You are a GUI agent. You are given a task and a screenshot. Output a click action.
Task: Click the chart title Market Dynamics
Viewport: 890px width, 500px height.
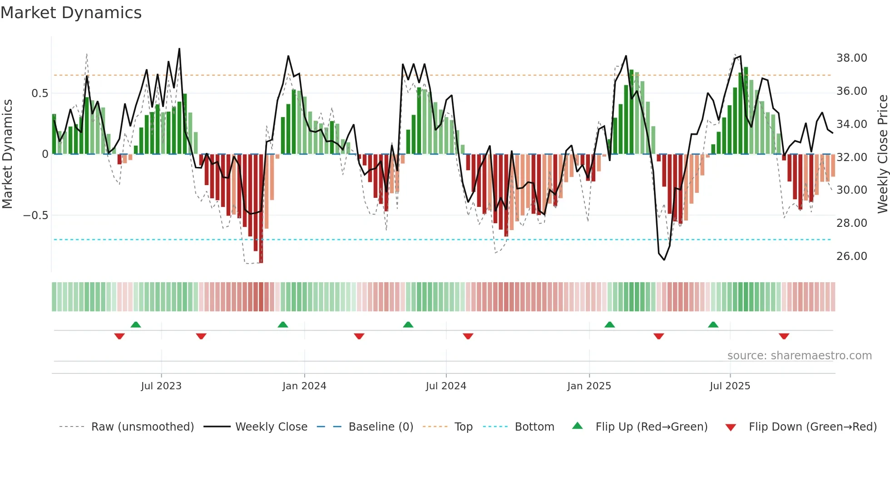[x=71, y=13]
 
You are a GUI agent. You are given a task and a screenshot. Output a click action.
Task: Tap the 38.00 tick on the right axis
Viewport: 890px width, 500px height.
[x=851, y=58]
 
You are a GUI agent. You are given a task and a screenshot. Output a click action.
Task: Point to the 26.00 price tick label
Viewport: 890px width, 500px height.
[x=851, y=256]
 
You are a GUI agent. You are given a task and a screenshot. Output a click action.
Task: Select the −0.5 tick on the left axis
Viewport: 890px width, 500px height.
[x=35, y=216]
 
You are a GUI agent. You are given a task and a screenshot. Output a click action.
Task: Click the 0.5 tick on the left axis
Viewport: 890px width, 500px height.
[x=40, y=93]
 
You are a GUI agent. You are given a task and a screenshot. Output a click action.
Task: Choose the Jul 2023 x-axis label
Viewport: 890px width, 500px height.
[x=161, y=386]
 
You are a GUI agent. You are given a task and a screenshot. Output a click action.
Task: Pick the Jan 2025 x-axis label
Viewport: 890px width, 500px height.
[x=589, y=386]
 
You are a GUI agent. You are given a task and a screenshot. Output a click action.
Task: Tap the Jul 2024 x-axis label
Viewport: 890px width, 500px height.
[x=446, y=386]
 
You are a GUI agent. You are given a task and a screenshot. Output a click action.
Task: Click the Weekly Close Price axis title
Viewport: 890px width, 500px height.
[x=882, y=154]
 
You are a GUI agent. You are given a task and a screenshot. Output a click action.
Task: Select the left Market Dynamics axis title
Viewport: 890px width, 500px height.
[x=7, y=154]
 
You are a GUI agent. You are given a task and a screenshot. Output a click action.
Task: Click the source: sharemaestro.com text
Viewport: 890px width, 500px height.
[x=799, y=356]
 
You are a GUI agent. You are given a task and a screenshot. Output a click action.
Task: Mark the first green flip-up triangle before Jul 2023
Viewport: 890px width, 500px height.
[x=136, y=324]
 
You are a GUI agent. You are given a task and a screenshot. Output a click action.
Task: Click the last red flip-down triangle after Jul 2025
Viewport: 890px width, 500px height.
[x=784, y=336]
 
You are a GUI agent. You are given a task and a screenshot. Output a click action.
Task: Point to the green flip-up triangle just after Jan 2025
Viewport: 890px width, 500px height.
[x=609, y=324]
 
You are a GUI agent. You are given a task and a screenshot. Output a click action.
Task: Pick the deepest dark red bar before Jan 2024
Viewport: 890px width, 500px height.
[x=261, y=209]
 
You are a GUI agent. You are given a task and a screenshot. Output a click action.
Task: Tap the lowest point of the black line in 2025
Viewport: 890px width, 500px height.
[x=664, y=260]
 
